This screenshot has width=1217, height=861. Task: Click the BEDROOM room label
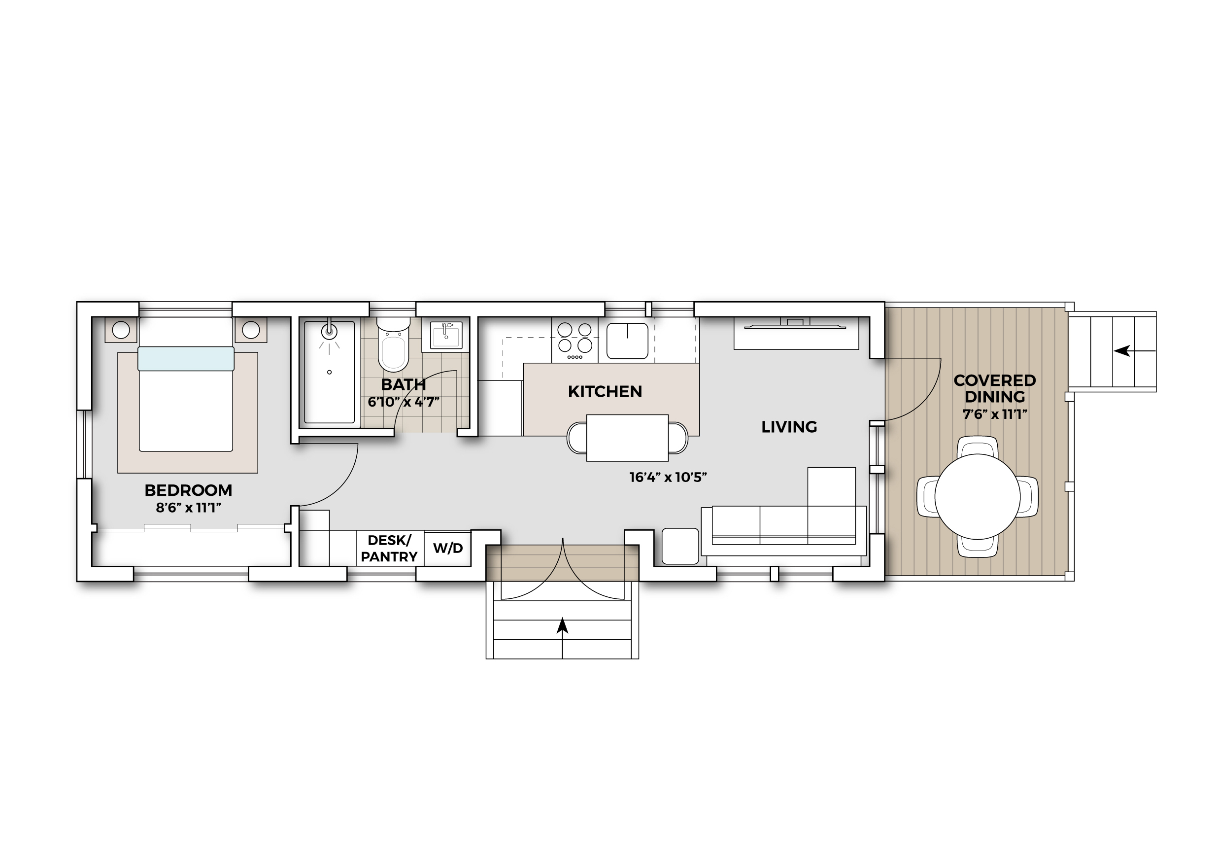pos(188,490)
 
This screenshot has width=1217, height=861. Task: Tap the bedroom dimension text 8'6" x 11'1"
pos(188,508)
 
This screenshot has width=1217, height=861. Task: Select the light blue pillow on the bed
pos(186,359)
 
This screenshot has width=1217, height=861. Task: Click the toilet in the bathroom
pos(393,344)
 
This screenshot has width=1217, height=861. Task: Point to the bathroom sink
pos(446,335)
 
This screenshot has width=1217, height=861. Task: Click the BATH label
pos(404,384)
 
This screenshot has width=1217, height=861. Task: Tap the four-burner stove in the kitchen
pos(575,341)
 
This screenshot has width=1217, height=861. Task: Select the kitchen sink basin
pos(628,341)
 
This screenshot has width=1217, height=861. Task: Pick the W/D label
pos(448,548)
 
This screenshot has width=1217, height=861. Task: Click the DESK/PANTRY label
pos(389,549)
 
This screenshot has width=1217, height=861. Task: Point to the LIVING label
pos(789,427)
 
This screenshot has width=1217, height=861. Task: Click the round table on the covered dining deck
pos(978,496)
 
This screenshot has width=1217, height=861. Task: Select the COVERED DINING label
pos(994,389)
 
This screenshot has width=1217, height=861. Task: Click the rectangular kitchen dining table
pos(628,438)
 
